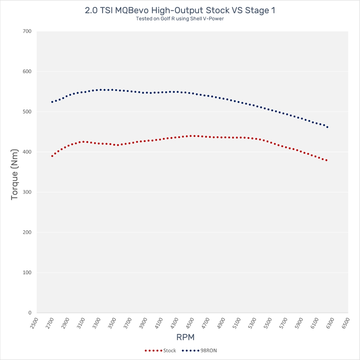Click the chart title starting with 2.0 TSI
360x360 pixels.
180,10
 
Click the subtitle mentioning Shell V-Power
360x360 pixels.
180,19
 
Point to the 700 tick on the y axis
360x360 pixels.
27,31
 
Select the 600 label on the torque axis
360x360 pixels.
27,71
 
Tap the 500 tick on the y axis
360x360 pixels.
27,112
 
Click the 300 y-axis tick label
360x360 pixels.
27,192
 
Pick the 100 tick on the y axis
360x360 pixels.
27,273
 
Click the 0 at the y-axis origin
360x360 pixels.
30,313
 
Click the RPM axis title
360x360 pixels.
185,337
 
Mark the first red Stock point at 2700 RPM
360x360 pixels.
52,156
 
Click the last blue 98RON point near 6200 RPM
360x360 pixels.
327,127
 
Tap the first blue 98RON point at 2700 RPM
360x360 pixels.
52,102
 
